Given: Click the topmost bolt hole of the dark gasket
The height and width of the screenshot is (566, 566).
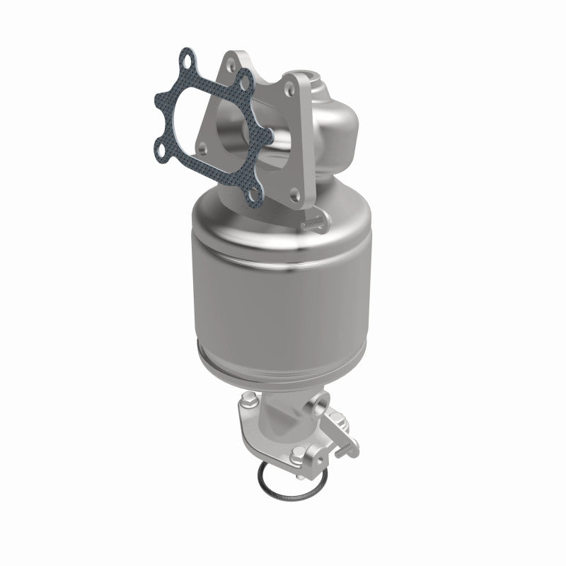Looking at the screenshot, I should tap(185, 59).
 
